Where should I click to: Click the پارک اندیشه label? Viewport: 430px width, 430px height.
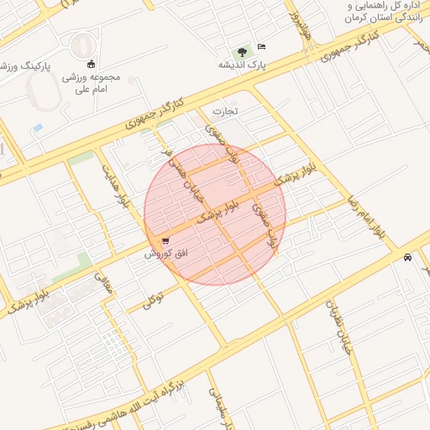tap(237, 64)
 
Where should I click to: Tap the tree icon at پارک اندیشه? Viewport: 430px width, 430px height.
tap(242, 50)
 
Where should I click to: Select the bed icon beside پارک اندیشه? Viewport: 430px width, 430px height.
tap(261, 47)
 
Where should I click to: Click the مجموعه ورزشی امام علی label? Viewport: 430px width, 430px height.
tap(92, 82)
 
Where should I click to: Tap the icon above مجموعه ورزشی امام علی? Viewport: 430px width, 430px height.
tap(91, 64)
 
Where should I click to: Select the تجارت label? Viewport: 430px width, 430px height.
tap(224, 110)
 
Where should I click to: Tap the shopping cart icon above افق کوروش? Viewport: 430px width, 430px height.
tap(165, 241)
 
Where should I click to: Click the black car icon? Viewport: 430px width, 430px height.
tap(407, 257)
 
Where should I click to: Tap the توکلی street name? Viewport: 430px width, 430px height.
tap(151, 300)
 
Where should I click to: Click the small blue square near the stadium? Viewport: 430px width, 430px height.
tap(38, 128)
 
